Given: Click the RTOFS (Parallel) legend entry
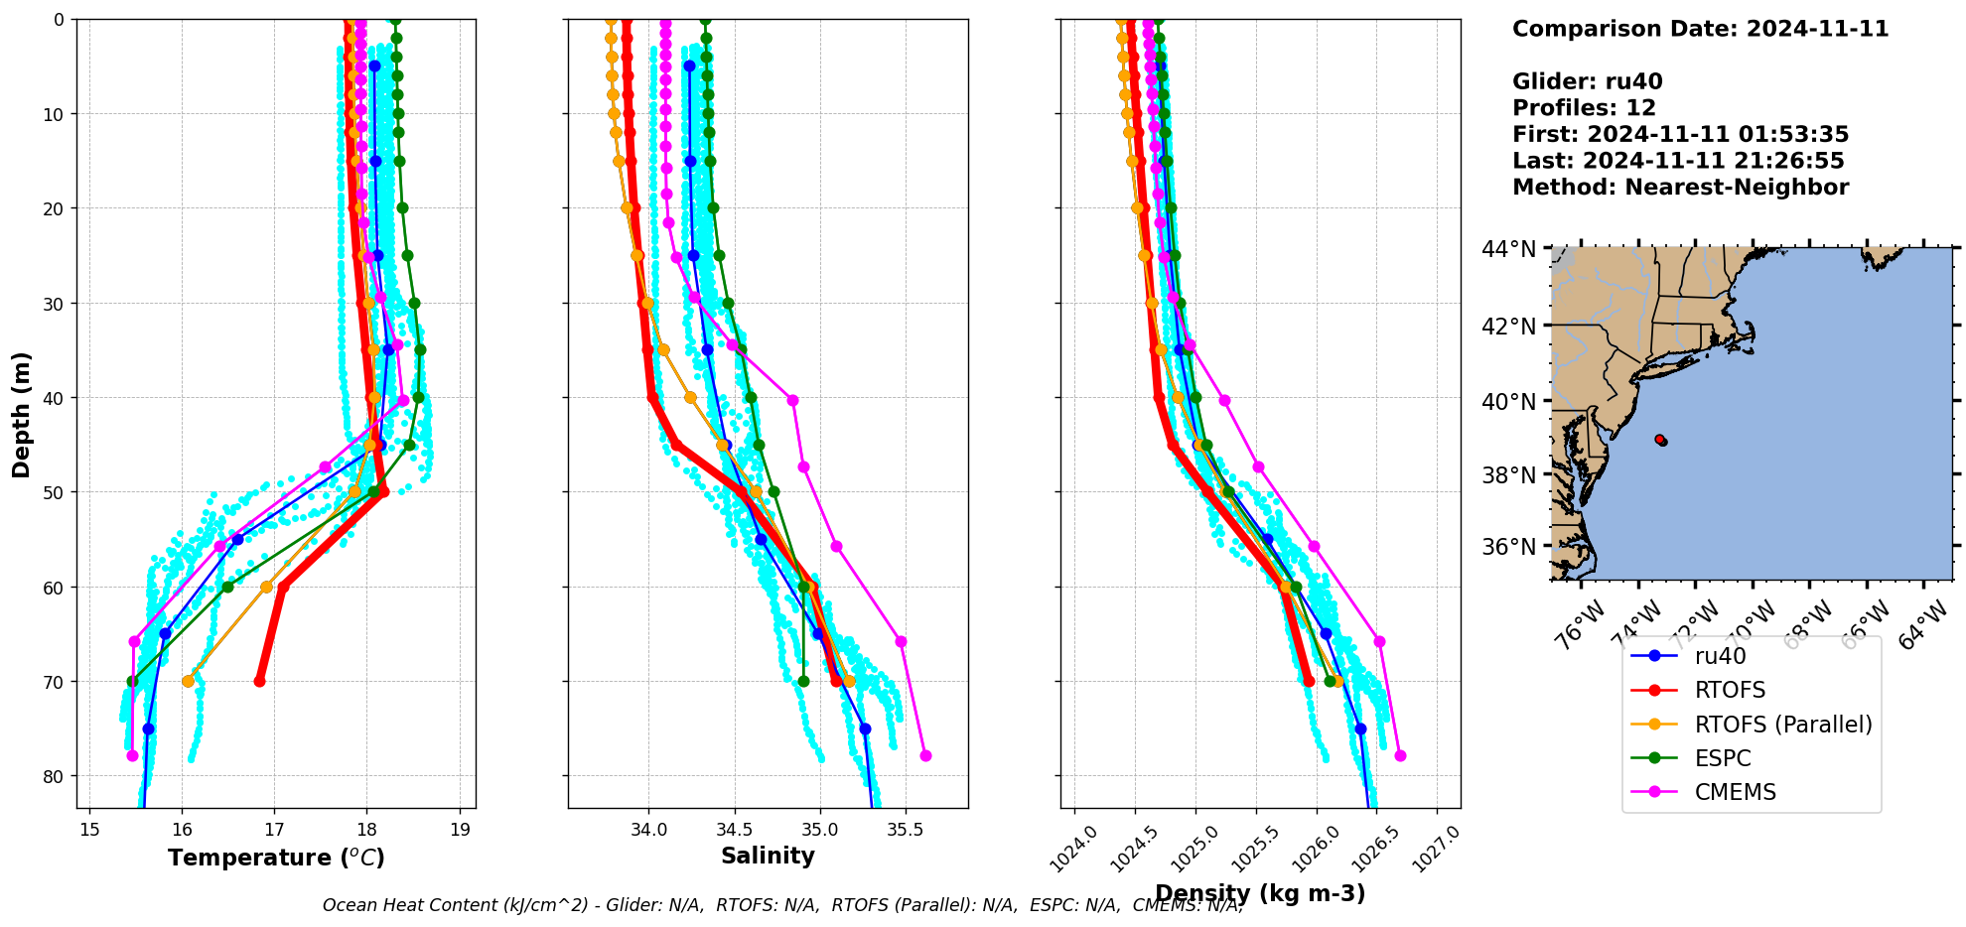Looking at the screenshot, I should [1782, 725].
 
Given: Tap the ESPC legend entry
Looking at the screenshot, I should [1723, 758].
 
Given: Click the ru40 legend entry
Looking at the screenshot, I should [1720, 656].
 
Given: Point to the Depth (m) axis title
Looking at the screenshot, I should [22, 414].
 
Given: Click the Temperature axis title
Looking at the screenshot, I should [276, 858].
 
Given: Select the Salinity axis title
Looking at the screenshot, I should [768, 856].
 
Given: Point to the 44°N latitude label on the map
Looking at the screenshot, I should [1511, 249].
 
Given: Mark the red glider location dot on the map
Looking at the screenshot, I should [1660, 440].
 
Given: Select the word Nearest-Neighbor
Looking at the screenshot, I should [1737, 188].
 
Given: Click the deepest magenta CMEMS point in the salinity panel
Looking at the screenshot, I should [925, 755].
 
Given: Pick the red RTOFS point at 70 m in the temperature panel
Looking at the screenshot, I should [260, 681].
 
